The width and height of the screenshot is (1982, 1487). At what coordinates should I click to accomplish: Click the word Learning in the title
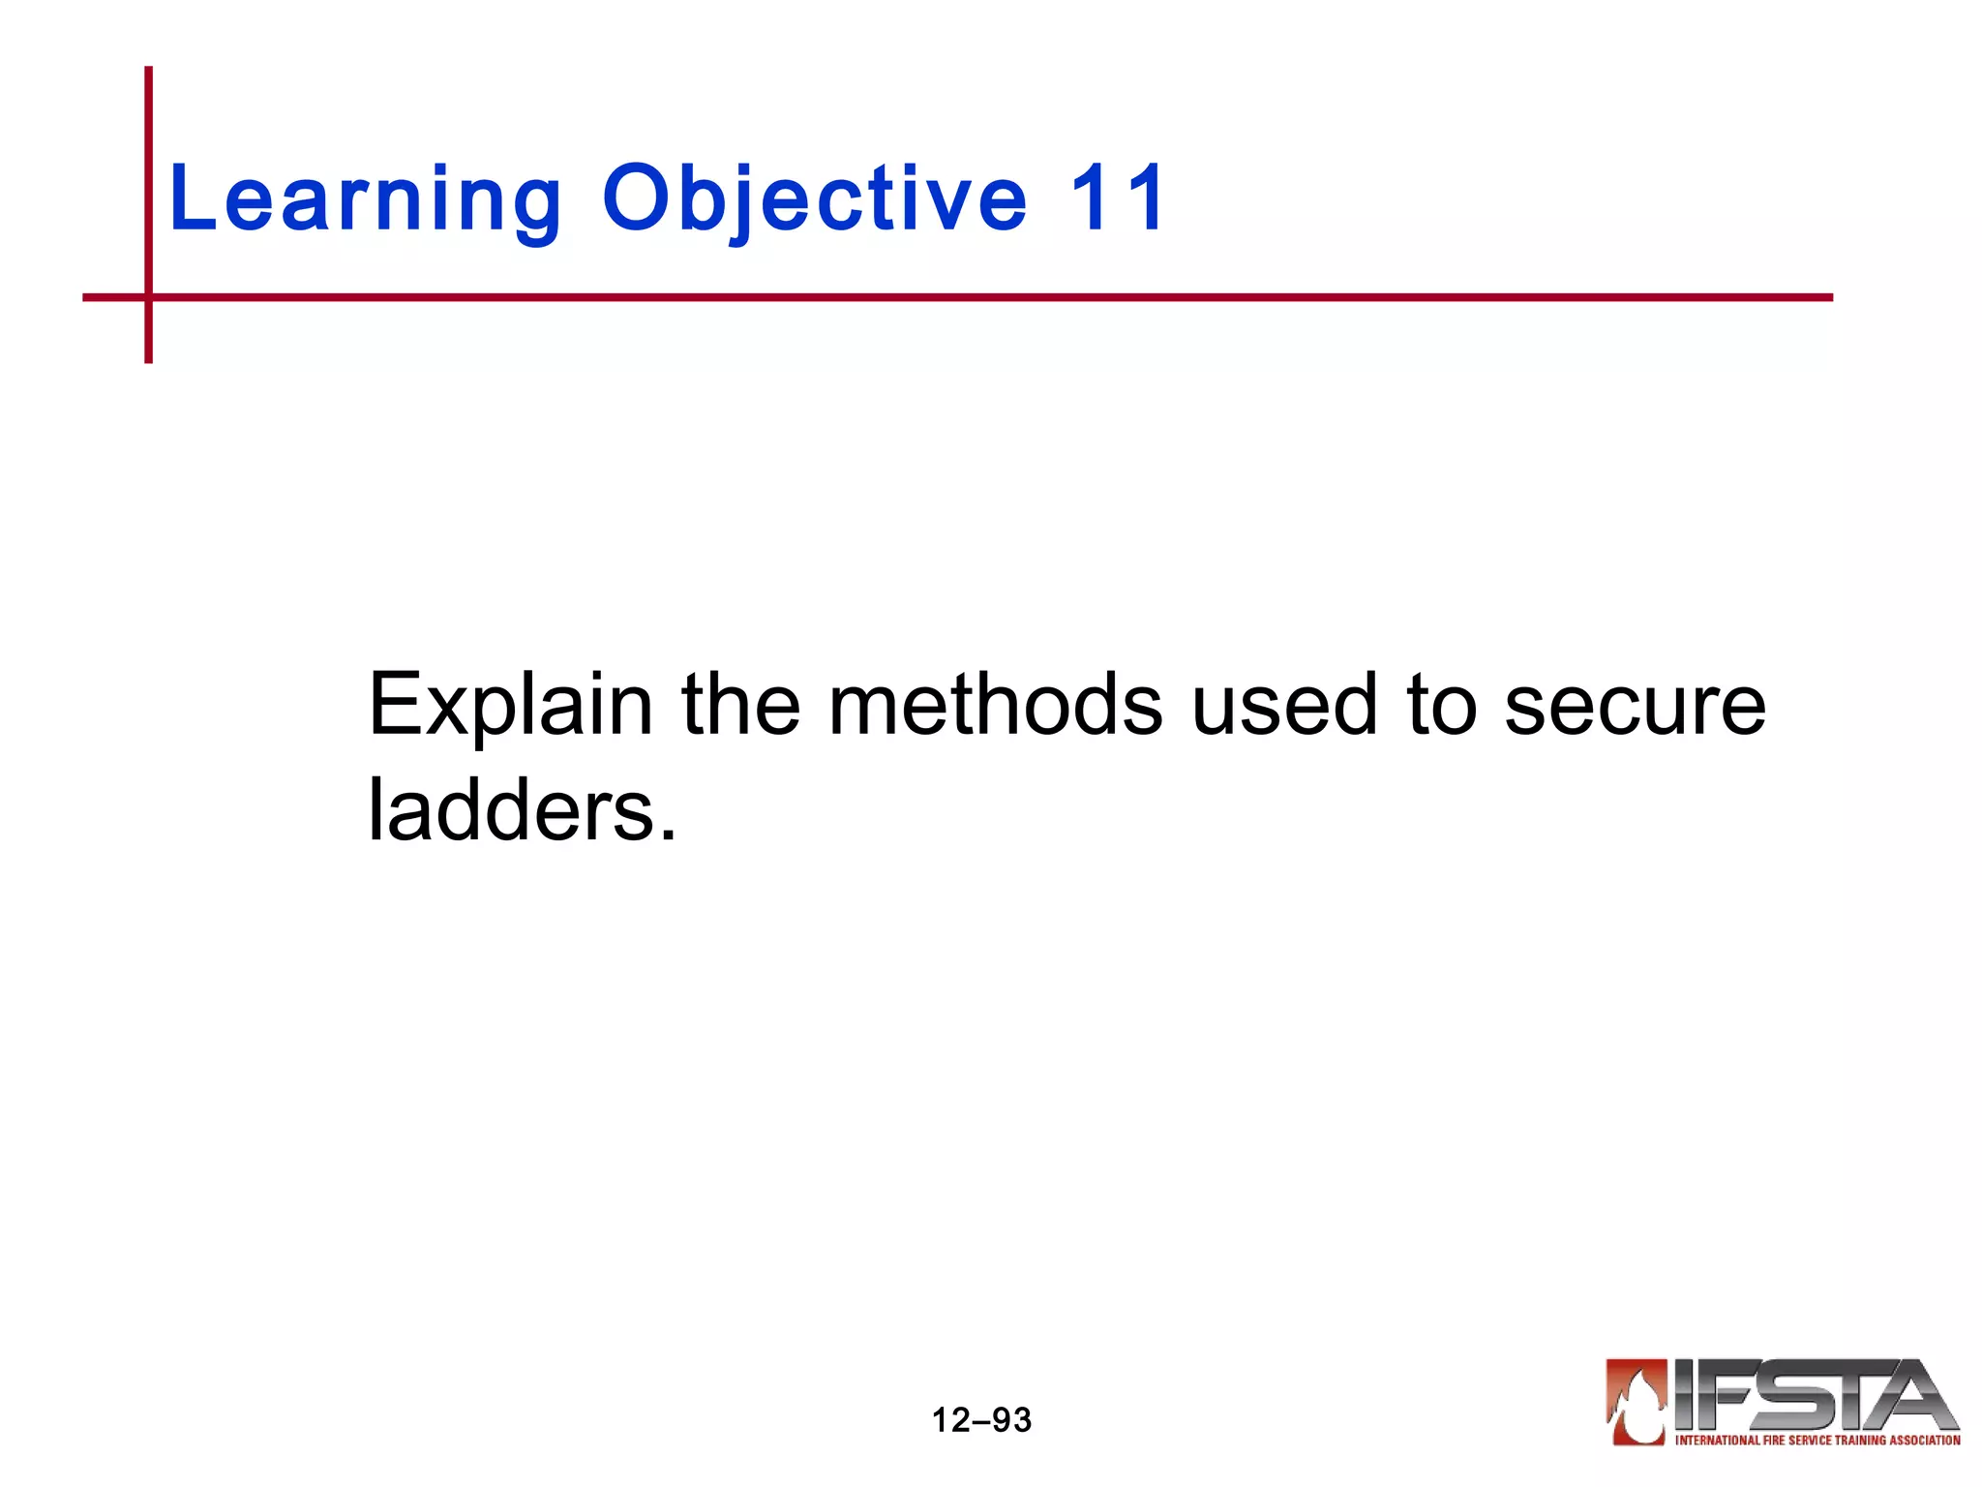click(365, 199)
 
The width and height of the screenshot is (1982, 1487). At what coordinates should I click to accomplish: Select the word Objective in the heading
click(814, 199)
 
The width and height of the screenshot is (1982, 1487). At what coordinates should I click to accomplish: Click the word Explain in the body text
click(510, 706)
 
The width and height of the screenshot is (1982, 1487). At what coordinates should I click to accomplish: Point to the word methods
click(995, 704)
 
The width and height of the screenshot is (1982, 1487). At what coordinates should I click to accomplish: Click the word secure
click(1635, 706)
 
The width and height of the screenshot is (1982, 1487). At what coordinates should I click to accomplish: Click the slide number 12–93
click(981, 1420)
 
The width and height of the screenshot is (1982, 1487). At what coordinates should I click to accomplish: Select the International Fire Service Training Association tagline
click(1817, 1441)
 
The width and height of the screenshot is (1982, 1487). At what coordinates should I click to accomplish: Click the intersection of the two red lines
click(148, 297)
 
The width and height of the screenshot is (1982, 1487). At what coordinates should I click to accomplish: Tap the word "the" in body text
click(740, 704)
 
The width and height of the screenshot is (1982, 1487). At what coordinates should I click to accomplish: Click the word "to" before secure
click(1441, 706)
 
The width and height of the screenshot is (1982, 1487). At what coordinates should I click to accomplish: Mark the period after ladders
click(667, 835)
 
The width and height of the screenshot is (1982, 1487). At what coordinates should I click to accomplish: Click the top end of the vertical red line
click(148, 71)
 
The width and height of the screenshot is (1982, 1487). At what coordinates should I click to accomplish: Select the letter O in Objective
click(638, 197)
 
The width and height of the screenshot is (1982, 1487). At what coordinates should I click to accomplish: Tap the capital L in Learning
click(190, 197)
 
